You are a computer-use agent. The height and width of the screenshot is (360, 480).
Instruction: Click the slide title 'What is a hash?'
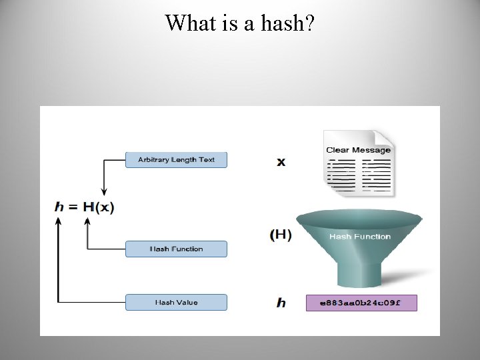click(240, 23)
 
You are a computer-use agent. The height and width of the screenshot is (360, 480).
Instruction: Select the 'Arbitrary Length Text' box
click(176, 160)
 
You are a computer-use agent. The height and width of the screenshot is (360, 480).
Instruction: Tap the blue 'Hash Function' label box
click(176, 249)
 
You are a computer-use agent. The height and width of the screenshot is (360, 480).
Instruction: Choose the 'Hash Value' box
click(176, 303)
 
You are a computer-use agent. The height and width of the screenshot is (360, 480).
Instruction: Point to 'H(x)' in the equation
click(99, 207)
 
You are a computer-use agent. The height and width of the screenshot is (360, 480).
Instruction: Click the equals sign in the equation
click(74, 207)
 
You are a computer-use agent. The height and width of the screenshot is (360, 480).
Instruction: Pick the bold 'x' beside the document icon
click(281, 162)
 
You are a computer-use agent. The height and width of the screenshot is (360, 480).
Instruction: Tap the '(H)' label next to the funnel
click(281, 235)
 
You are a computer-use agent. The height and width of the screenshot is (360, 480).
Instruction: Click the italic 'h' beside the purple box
click(281, 303)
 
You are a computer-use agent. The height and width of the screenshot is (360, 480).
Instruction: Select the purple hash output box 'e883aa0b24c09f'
click(361, 303)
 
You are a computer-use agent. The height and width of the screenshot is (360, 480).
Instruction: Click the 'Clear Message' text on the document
click(358, 150)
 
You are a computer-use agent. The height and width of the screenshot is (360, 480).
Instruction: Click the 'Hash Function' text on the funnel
click(360, 237)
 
